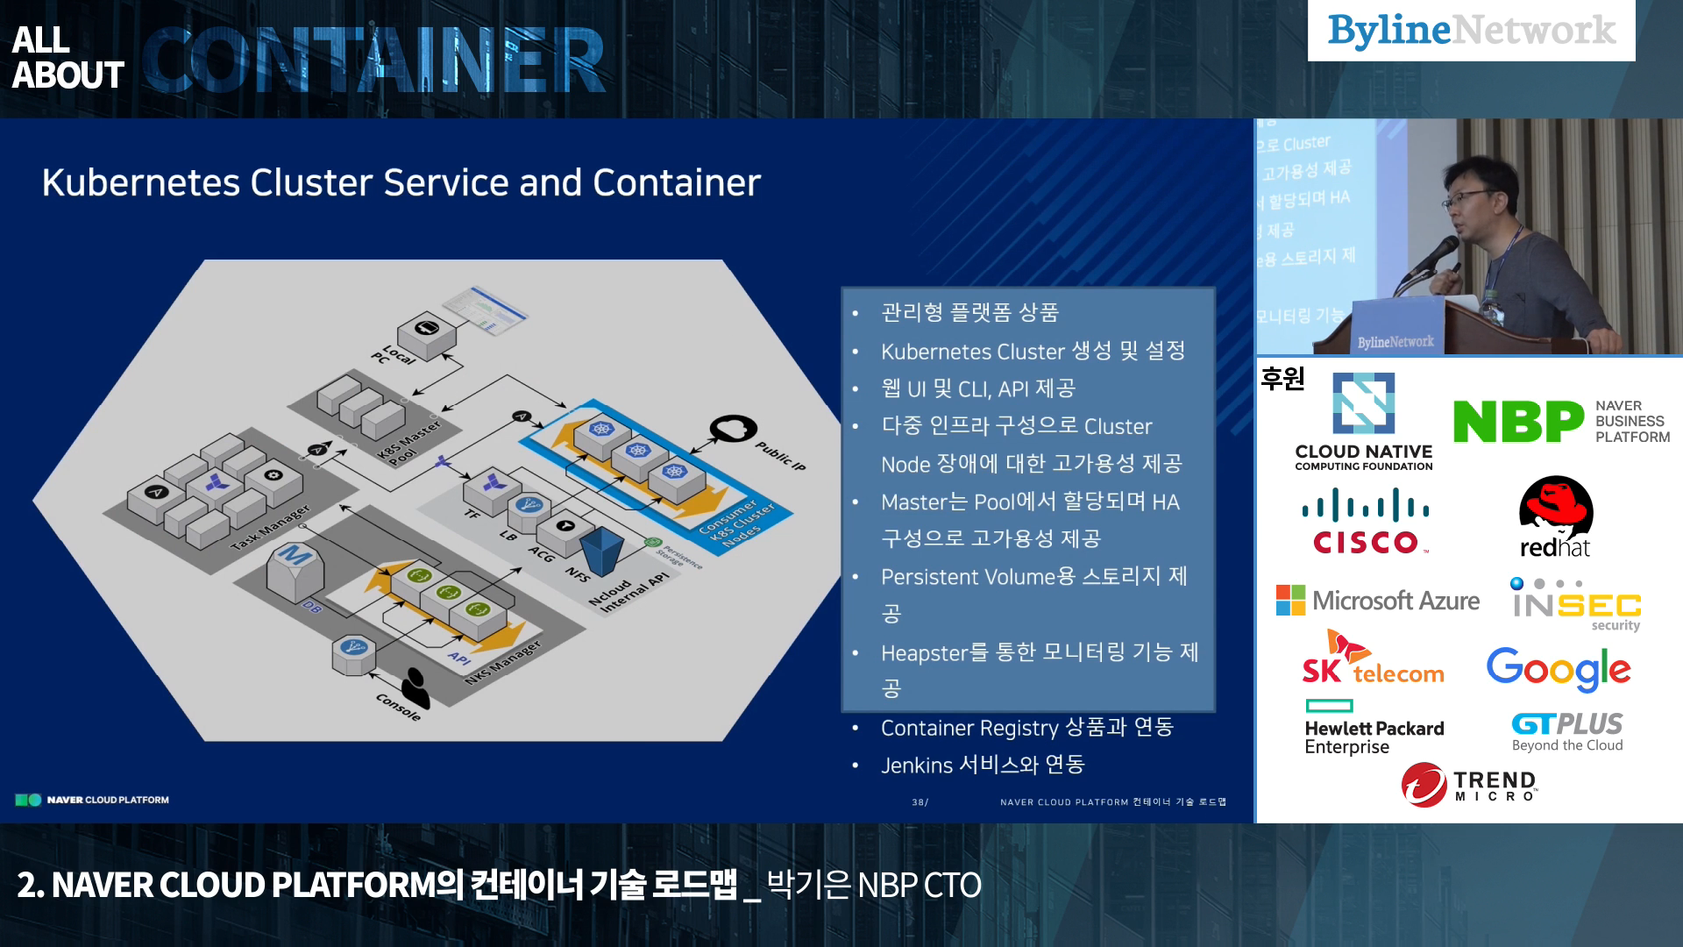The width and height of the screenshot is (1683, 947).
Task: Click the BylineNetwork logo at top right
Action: (1471, 31)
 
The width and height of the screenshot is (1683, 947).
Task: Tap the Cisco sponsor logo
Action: (1365, 522)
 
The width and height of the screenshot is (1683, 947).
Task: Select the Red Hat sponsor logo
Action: (1555, 517)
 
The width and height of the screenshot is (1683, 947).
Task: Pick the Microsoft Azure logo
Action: (1377, 601)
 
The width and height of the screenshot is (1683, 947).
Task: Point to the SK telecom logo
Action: (1372, 659)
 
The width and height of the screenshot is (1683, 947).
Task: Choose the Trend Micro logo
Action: (1469, 784)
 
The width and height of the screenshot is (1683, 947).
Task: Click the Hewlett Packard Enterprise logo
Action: (1373, 728)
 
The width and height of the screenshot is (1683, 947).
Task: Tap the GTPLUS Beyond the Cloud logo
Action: (1566, 731)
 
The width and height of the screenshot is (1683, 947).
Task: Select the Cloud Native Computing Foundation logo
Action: (1363, 422)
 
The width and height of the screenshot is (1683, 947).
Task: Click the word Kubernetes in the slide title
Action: (140, 183)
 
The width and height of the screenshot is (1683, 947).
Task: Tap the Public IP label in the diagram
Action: (780, 456)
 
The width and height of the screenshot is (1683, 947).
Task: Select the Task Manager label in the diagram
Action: (270, 527)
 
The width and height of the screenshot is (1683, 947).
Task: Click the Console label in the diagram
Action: (398, 707)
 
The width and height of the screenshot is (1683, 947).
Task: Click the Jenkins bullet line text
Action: (982, 765)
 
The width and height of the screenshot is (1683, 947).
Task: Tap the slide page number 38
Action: (919, 802)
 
